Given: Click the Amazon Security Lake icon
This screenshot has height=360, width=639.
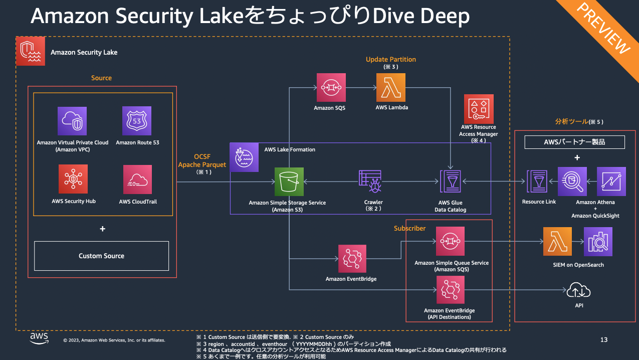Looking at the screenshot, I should [x=31, y=51].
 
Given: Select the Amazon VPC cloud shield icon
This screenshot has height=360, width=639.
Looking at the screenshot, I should [x=72, y=121].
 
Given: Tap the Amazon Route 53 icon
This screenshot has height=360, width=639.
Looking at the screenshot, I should [x=137, y=121].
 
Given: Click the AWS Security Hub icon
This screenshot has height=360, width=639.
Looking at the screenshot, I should [x=73, y=179].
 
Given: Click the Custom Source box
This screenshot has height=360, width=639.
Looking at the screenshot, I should [x=101, y=256].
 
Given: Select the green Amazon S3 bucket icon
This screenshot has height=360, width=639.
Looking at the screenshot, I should [x=289, y=182].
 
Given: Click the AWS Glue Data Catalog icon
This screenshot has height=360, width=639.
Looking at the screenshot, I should [x=450, y=182].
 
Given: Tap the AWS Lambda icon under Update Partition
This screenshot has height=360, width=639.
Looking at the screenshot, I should [x=391, y=87].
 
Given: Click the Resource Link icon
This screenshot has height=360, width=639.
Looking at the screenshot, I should [x=539, y=182].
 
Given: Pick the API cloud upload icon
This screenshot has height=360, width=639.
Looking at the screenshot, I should [x=579, y=290].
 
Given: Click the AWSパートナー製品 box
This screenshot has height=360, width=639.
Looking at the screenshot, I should [x=574, y=142].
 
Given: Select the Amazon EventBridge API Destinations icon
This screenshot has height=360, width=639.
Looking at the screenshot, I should [x=450, y=290].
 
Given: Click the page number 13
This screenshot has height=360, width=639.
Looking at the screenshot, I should [x=603, y=340].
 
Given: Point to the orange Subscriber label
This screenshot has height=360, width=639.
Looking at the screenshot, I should [x=409, y=228].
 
